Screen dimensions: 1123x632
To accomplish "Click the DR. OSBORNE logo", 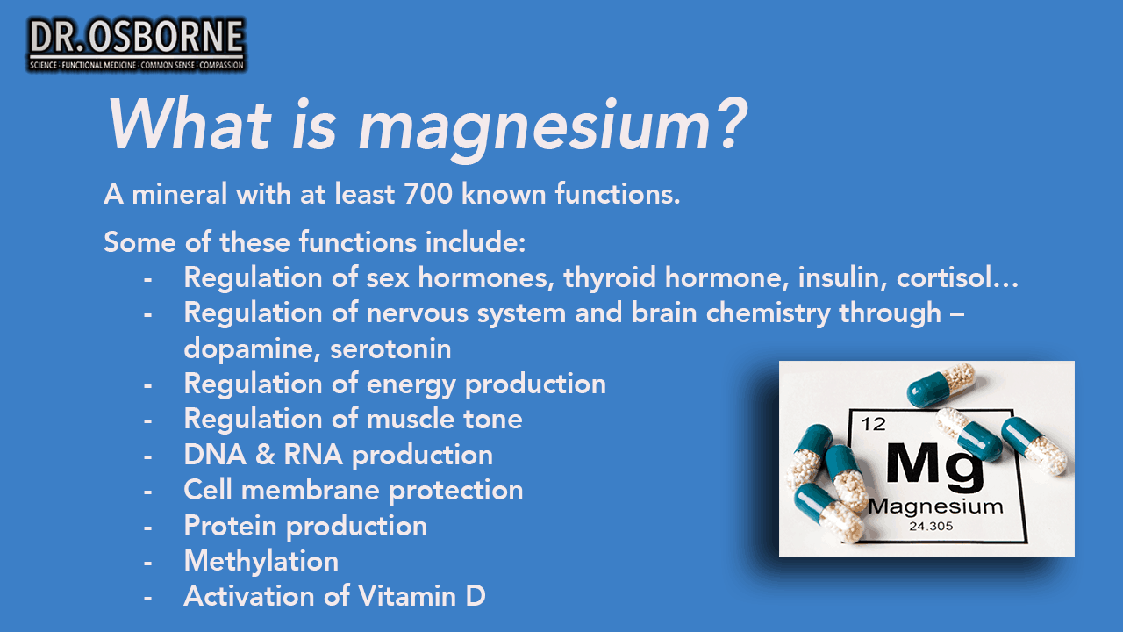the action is click(136, 45).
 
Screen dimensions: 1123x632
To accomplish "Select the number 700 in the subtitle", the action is click(428, 194).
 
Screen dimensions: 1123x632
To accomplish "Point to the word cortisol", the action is click(956, 276).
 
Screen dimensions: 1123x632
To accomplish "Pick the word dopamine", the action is click(252, 349).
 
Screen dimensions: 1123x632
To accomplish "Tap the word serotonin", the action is click(390, 349).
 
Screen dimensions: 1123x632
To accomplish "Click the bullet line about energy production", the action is click(395, 384).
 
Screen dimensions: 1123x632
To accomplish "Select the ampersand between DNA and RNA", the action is click(265, 455).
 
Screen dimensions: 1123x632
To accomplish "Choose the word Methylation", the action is click(261, 561).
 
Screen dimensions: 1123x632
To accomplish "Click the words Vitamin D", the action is click(422, 596).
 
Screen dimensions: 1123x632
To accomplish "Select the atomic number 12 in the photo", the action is click(873, 425).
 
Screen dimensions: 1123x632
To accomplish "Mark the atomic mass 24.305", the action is click(931, 527).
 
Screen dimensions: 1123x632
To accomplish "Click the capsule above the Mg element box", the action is click(941, 384).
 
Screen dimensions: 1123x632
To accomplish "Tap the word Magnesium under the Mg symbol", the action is click(935, 506).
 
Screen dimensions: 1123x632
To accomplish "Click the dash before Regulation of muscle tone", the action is click(147, 420).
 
